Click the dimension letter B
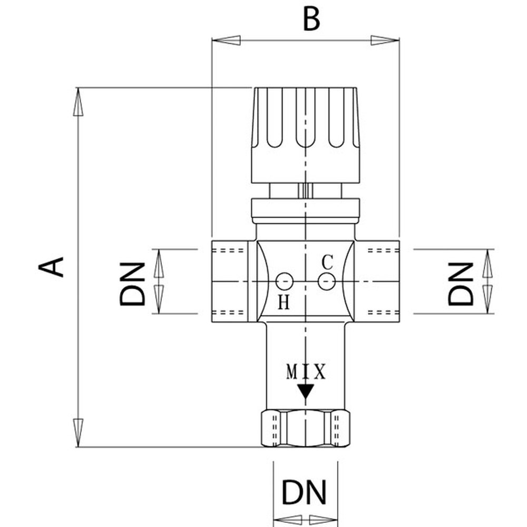(311, 19)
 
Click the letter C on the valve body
(327, 261)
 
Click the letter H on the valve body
(284, 302)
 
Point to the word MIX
(306, 372)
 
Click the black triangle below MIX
(306, 392)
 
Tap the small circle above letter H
(285, 281)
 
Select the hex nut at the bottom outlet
(306, 428)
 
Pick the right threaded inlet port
(378, 282)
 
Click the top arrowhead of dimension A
(78, 100)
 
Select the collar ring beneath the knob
(306, 209)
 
